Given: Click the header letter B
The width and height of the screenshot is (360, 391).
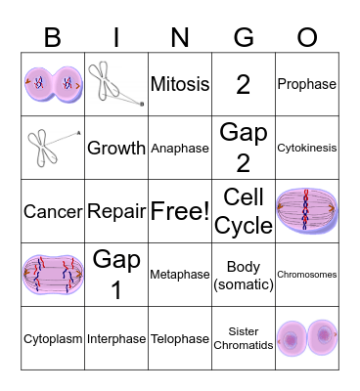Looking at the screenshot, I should pos(52,37).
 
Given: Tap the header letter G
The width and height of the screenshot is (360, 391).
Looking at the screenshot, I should pos(244,37).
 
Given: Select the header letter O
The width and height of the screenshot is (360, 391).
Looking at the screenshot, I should pos(307,37).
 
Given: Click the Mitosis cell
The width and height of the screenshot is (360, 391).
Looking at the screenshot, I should pos(180,84).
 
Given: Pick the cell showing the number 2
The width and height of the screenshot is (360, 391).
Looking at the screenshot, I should pos(244,84).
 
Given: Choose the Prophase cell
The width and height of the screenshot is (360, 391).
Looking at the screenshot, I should pos(307,84).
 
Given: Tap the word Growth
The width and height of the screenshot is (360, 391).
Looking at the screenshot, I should pos(116,149).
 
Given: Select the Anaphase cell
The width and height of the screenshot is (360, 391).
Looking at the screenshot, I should pos(180,149).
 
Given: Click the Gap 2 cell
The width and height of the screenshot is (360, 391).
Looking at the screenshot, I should pos(244,148).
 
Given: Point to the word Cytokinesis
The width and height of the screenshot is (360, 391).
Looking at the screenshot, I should pos(307,149).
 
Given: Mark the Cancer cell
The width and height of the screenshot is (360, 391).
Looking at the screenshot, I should pos(52,211).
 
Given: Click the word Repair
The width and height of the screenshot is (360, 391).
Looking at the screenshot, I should pos(116,211).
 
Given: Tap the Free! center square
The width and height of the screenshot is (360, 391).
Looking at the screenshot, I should pos(180,211).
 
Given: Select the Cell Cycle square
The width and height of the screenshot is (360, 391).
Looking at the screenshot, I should pos(244,211).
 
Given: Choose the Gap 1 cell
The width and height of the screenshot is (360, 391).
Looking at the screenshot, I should pos(116,275).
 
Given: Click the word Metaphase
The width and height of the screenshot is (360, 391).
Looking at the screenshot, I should pos(180,275).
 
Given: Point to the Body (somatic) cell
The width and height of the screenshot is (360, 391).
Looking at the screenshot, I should pos(244,275).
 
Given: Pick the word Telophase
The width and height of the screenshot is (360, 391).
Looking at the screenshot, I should pos(180,339).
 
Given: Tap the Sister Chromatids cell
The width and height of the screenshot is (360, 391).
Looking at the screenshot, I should pos(244,338).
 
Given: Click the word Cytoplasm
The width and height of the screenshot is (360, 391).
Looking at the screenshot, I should pos(52,339).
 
